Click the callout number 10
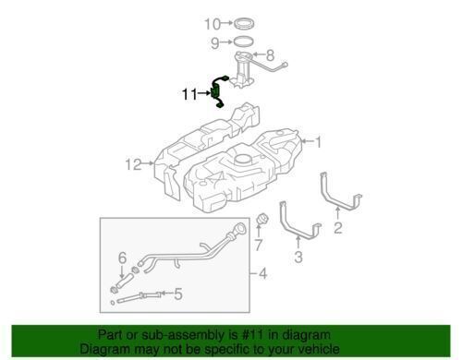213,24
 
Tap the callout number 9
214,42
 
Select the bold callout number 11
189,94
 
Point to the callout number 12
134,164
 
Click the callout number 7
258,245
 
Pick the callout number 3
298,257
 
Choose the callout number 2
338,228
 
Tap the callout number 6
122,258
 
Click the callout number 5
178,294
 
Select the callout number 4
262,273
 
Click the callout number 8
270,55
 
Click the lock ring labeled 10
245,24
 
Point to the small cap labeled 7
261,219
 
